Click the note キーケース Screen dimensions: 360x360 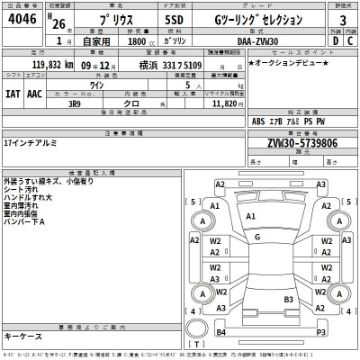pos(22,335)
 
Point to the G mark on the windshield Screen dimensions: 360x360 pos(256,238)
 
